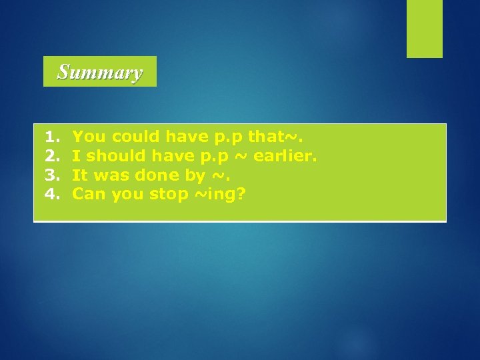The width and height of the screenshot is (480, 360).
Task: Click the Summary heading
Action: (99, 71)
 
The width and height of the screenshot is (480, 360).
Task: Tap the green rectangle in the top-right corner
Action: (425, 29)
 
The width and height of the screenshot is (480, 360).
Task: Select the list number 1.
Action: (51, 137)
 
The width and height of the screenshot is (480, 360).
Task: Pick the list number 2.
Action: (51, 156)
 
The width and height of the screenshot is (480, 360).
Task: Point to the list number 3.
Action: (51, 175)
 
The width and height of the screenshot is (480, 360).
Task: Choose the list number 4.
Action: (51, 195)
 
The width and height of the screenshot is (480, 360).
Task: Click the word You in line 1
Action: (89, 137)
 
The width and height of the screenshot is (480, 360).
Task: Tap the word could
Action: (135, 137)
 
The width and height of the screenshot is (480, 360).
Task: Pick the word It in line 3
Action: (80, 175)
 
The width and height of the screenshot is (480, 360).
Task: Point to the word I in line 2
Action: (77, 156)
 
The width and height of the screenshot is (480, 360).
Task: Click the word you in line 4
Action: (127, 195)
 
